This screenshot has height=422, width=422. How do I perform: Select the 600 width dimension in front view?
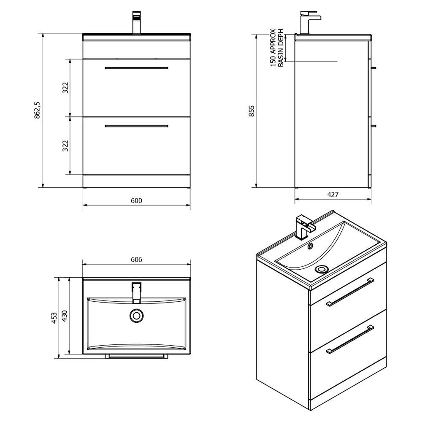click(136, 201)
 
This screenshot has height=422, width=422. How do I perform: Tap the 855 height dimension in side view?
click(252, 111)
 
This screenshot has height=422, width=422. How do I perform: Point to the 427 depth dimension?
click(333, 195)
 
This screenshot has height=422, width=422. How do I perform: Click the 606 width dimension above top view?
click(136, 260)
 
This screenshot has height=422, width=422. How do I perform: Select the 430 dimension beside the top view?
click(65, 316)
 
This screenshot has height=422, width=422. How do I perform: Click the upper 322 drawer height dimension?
click(65, 88)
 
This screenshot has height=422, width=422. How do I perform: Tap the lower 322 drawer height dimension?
click(65, 146)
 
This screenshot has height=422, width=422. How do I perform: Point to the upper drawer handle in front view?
click(136, 68)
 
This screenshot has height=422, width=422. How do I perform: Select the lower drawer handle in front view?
click(136, 126)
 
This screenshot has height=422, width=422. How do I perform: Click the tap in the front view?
click(136, 23)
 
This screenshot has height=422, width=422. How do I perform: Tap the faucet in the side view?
click(308, 22)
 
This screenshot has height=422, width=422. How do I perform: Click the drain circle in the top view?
click(136, 315)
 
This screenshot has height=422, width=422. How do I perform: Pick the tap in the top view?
click(136, 292)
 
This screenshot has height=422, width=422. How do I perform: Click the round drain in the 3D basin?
click(322, 269)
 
